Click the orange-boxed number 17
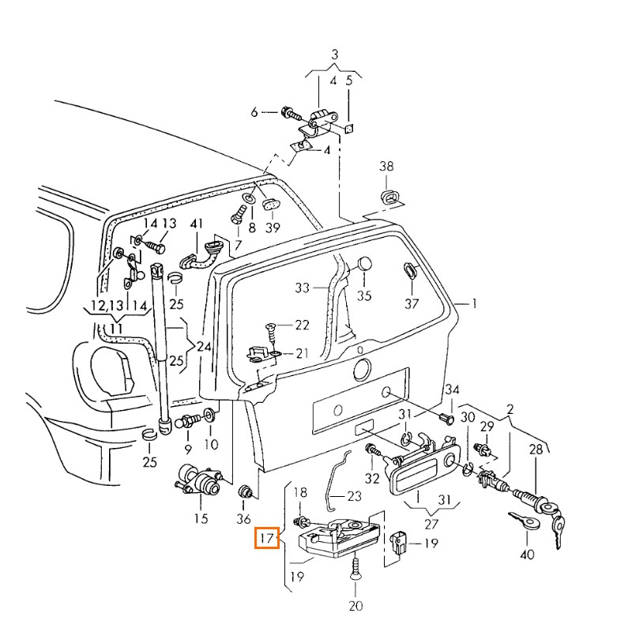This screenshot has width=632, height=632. tap(266, 539)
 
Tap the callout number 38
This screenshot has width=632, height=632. tap(386, 167)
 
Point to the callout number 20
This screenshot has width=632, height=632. tap(355, 606)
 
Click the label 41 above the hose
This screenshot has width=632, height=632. tap(197, 224)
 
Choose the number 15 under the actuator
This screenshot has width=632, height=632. tap(201, 519)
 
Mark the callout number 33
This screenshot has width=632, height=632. tap(303, 288)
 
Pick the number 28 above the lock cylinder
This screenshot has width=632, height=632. tap(536, 450)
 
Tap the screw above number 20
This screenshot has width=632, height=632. tap(355, 570)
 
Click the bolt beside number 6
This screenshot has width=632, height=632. tap(289, 112)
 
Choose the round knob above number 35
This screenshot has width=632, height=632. tap(364, 265)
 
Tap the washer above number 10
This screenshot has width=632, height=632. tap(211, 416)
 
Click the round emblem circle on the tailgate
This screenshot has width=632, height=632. tap(361, 369)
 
